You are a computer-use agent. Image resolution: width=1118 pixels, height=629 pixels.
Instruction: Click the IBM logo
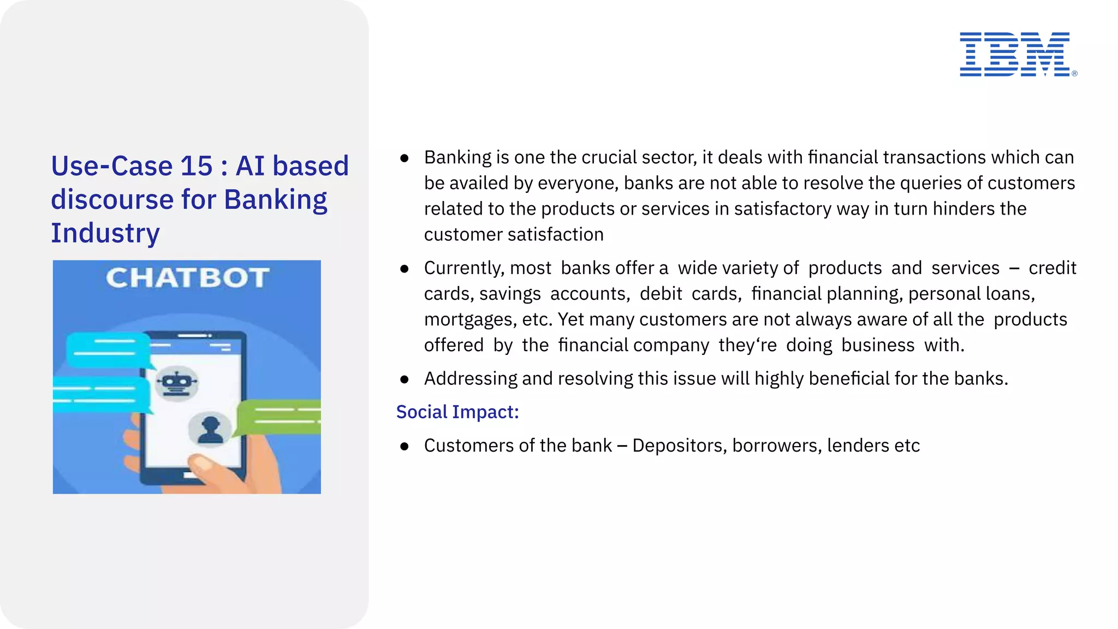coord(1015,54)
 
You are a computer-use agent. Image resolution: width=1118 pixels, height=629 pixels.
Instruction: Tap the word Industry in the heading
coord(105,233)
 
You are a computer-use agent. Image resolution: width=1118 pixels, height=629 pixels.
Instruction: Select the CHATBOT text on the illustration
coord(187,278)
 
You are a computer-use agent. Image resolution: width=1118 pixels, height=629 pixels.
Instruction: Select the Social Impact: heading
coord(457,412)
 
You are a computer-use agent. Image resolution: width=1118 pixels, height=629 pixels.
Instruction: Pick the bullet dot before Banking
coord(404,158)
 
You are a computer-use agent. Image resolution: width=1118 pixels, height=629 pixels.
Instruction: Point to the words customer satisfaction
coord(513,235)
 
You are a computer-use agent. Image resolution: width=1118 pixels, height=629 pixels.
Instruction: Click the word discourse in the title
coord(111,200)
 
